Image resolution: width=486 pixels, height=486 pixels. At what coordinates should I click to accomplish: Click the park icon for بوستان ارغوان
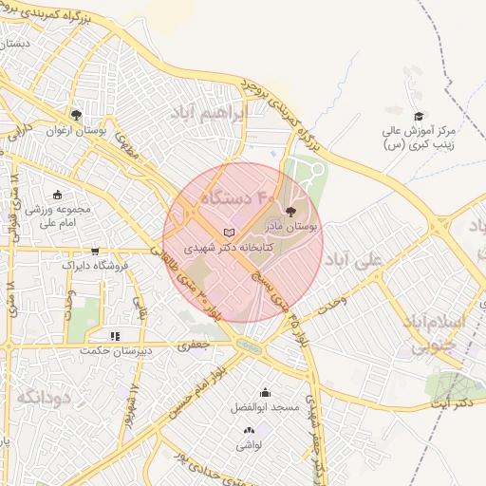pos(77,115)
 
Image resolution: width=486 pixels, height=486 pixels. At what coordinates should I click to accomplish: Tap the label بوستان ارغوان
pos(76,130)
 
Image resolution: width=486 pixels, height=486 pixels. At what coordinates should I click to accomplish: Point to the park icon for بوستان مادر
pos(290,214)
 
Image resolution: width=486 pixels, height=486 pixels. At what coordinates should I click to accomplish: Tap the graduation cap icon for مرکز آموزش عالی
pos(419,116)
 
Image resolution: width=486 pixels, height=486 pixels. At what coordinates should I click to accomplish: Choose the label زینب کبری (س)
pos(416,145)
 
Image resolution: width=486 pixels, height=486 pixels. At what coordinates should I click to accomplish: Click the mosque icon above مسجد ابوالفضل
pos(264,393)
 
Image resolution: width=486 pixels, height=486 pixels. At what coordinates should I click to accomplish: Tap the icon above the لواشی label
pos(250,430)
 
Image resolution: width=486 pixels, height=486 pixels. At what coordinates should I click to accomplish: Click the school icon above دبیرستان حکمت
pos(115,335)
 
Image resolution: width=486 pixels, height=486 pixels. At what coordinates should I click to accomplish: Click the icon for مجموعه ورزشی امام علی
pos(59,195)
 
